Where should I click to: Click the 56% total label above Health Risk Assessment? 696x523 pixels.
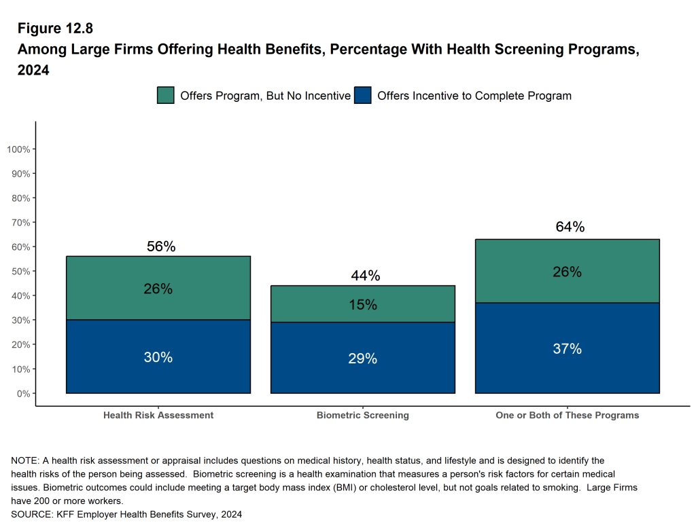pyautogui.click(x=161, y=247)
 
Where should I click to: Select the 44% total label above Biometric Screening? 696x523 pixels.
pyautogui.click(x=365, y=275)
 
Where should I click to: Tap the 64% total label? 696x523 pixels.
pyautogui.click(x=570, y=227)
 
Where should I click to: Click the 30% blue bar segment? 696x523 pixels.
pyautogui.click(x=158, y=357)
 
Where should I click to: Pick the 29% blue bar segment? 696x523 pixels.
pyautogui.click(x=362, y=359)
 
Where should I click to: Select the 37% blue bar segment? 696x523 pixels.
pyautogui.click(x=567, y=349)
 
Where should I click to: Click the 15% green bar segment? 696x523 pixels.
pyautogui.click(x=362, y=304)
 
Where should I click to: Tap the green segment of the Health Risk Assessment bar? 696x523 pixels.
pyautogui.click(x=158, y=288)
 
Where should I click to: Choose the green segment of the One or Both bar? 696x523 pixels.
pyautogui.click(x=567, y=272)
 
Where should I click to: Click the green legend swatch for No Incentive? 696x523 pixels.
pyautogui.click(x=165, y=95)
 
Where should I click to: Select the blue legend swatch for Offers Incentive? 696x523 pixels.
pyautogui.click(x=362, y=95)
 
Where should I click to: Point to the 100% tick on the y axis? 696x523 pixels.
pyautogui.click(x=18, y=149)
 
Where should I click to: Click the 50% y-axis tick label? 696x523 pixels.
pyautogui.click(x=20, y=272)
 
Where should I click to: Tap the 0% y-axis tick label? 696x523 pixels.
pyautogui.click(x=23, y=394)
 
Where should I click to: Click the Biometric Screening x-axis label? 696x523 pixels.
pyautogui.click(x=362, y=415)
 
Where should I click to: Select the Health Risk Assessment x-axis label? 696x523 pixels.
pyautogui.click(x=158, y=415)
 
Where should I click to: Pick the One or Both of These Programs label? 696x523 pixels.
pyautogui.click(x=567, y=415)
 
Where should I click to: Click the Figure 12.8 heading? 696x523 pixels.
pyautogui.click(x=55, y=29)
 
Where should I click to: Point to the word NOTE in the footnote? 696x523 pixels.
pyautogui.click(x=24, y=461)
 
